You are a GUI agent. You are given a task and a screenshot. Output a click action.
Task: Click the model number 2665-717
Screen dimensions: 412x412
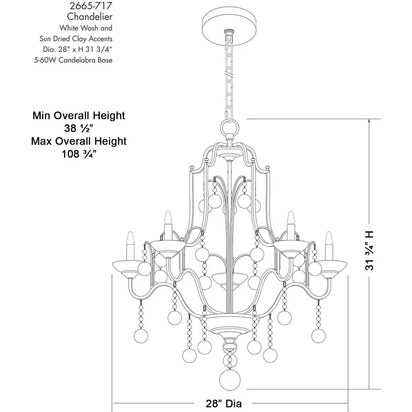pyautogui.click(x=91, y=6)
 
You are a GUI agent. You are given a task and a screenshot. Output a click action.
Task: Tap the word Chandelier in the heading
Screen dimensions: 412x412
pyautogui.click(x=90, y=16)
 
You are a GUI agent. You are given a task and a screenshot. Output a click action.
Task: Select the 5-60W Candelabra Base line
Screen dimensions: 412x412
pyautogui.click(x=73, y=60)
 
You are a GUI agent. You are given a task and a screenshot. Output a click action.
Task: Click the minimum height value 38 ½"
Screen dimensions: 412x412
pyautogui.click(x=79, y=128)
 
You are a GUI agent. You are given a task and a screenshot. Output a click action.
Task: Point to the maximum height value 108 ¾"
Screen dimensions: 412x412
pyautogui.click(x=79, y=154)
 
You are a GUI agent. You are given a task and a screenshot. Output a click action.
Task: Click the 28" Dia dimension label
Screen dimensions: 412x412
pyautogui.click(x=224, y=404)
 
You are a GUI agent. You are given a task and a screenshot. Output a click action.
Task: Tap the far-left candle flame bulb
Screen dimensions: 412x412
pyautogui.click(x=131, y=238)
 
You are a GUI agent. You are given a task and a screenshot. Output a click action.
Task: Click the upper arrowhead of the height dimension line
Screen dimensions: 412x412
pyautogui.click(x=369, y=121)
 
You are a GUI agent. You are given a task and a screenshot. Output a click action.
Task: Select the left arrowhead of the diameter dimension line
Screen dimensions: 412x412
pyautogui.click(x=115, y=403)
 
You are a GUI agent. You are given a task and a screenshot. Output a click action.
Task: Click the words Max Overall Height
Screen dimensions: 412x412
pyautogui.click(x=79, y=141)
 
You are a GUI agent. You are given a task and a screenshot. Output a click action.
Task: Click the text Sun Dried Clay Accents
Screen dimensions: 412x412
pyautogui.click(x=76, y=39)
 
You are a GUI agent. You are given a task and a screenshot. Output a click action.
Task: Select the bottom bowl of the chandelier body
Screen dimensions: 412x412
pyautogui.click(x=230, y=326)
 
